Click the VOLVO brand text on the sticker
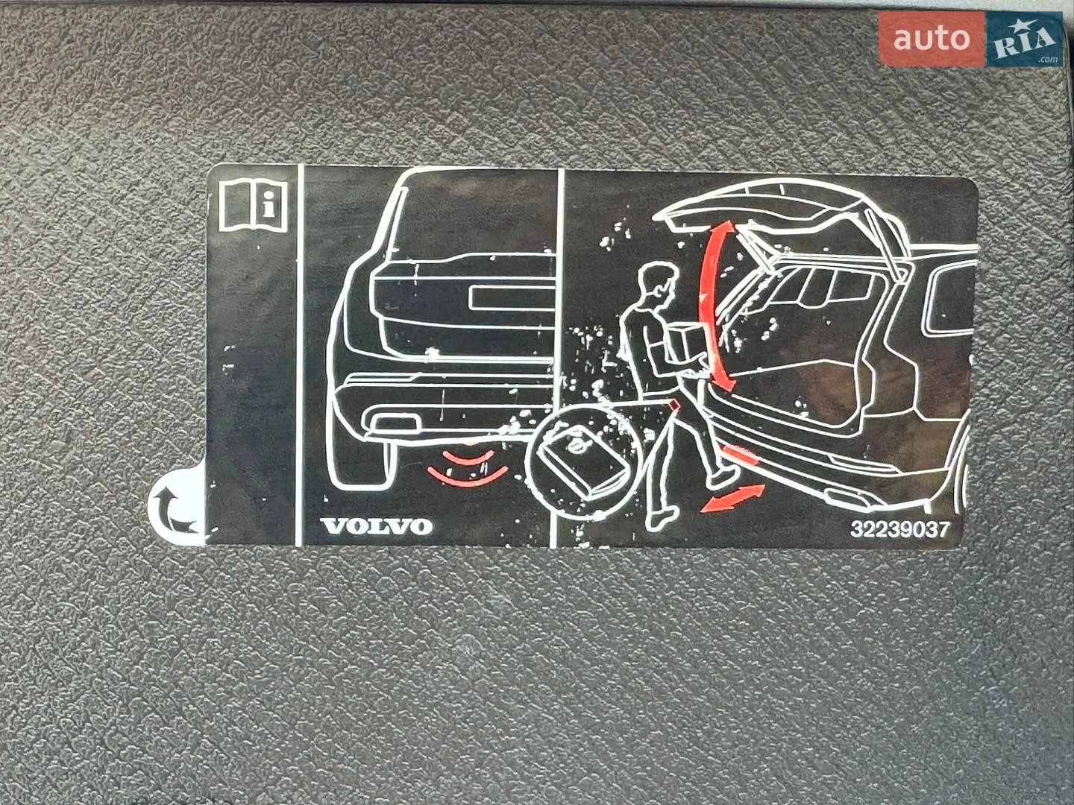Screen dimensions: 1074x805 point(376,526)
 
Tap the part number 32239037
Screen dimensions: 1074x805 point(899,529)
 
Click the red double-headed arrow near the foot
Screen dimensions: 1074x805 point(732,499)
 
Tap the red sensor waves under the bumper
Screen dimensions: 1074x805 point(468,468)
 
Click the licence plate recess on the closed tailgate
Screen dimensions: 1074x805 point(512,298)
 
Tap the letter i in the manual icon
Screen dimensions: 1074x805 point(268,204)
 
